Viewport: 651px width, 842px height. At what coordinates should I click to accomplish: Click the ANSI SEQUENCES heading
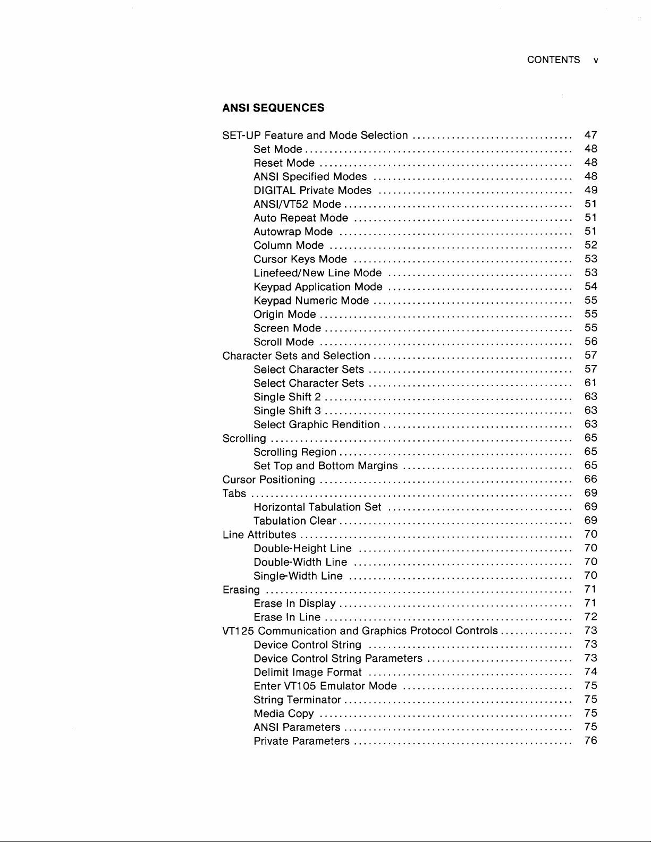[273, 108]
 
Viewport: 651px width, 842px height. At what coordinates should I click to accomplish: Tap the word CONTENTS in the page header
[553, 60]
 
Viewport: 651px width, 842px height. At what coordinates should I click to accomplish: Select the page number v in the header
[596, 61]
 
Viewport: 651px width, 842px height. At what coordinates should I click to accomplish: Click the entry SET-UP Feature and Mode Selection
[315, 135]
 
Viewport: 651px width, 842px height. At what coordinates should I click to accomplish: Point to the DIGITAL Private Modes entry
[312, 190]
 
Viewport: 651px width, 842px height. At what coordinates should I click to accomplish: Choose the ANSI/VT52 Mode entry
[297, 204]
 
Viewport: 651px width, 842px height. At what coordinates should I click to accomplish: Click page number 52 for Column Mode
[590, 245]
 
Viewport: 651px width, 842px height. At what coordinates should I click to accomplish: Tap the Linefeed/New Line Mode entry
[317, 273]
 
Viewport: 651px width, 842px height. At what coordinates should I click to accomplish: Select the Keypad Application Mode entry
[318, 287]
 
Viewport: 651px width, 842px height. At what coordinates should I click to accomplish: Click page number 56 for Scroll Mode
[590, 342]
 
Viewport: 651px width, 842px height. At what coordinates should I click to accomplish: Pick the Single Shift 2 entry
[287, 397]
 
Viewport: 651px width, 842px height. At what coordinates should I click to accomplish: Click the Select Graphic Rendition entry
[316, 424]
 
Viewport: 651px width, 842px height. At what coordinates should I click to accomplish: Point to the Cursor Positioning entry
[269, 480]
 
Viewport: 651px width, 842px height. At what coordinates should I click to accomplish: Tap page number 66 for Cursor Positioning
[590, 479]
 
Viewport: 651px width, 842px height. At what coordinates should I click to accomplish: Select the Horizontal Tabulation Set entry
[317, 507]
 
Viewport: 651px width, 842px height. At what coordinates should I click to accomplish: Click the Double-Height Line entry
[302, 548]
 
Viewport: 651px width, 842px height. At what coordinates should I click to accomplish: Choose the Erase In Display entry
[294, 603]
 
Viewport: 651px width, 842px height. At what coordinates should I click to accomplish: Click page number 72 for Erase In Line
[590, 617]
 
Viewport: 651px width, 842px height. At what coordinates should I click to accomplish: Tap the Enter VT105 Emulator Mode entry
[325, 686]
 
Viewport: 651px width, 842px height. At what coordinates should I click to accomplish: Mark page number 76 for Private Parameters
[590, 741]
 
